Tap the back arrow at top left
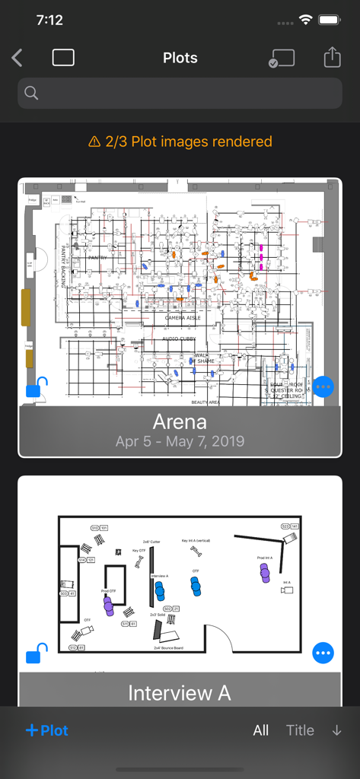tap(18, 58)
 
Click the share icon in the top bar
tap(331, 58)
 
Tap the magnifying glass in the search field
tap(31, 93)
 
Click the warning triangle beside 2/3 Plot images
tap(94, 141)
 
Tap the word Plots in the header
tap(180, 58)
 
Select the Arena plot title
tap(180, 421)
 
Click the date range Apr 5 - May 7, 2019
tap(180, 441)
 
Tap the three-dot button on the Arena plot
tap(323, 387)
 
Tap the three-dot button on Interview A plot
tap(323, 653)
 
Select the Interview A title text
tap(180, 693)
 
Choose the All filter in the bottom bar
tap(261, 730)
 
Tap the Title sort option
tap(300, 730)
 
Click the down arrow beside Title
tap(336, 730)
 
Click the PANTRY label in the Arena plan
tap(97, 258)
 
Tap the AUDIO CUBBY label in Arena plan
tap(180, 339)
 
